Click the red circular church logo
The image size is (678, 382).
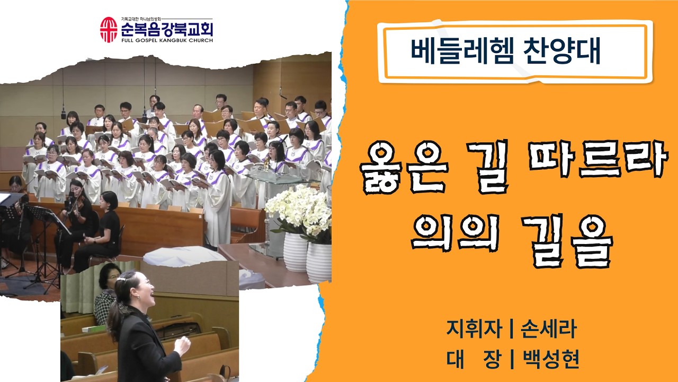click(x=109, y=30)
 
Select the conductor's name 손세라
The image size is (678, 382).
click(x=548, y=329)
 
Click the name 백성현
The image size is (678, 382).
click(x=550, y=359)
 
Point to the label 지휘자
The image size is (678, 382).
click(x=472, y=329)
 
